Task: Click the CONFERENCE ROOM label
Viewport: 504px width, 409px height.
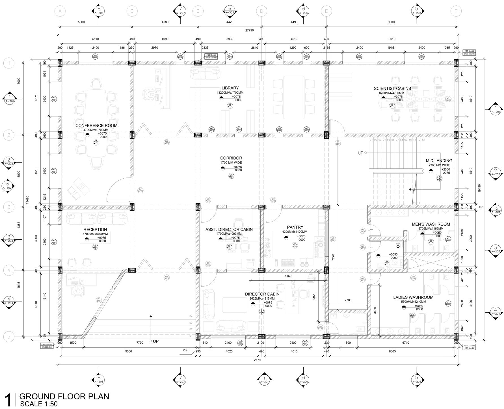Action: click(96, 125)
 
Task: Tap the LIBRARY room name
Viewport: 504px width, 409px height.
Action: click(230, 88)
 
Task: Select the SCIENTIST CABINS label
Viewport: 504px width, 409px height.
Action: click(392, 88)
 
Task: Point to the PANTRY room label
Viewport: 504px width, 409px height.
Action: click(295, 227)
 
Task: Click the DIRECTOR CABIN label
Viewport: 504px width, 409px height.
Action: click(262, 294)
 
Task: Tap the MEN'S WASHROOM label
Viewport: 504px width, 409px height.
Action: click(431, 224)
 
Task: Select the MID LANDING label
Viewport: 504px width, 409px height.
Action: click(439, 161)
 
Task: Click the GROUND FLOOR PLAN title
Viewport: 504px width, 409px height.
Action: click(64, 396)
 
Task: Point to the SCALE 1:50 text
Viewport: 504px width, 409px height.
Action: click(39, 404)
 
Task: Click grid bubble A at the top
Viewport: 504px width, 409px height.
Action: click(60, 11)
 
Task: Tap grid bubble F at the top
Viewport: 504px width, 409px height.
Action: click(456, 11)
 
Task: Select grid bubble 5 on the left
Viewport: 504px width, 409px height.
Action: click(9, 337)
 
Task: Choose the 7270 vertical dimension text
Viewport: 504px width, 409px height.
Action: click(333, 257)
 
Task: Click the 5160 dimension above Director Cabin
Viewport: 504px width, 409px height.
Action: click(288, 276)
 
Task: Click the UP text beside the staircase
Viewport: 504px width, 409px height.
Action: click(360, 153)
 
